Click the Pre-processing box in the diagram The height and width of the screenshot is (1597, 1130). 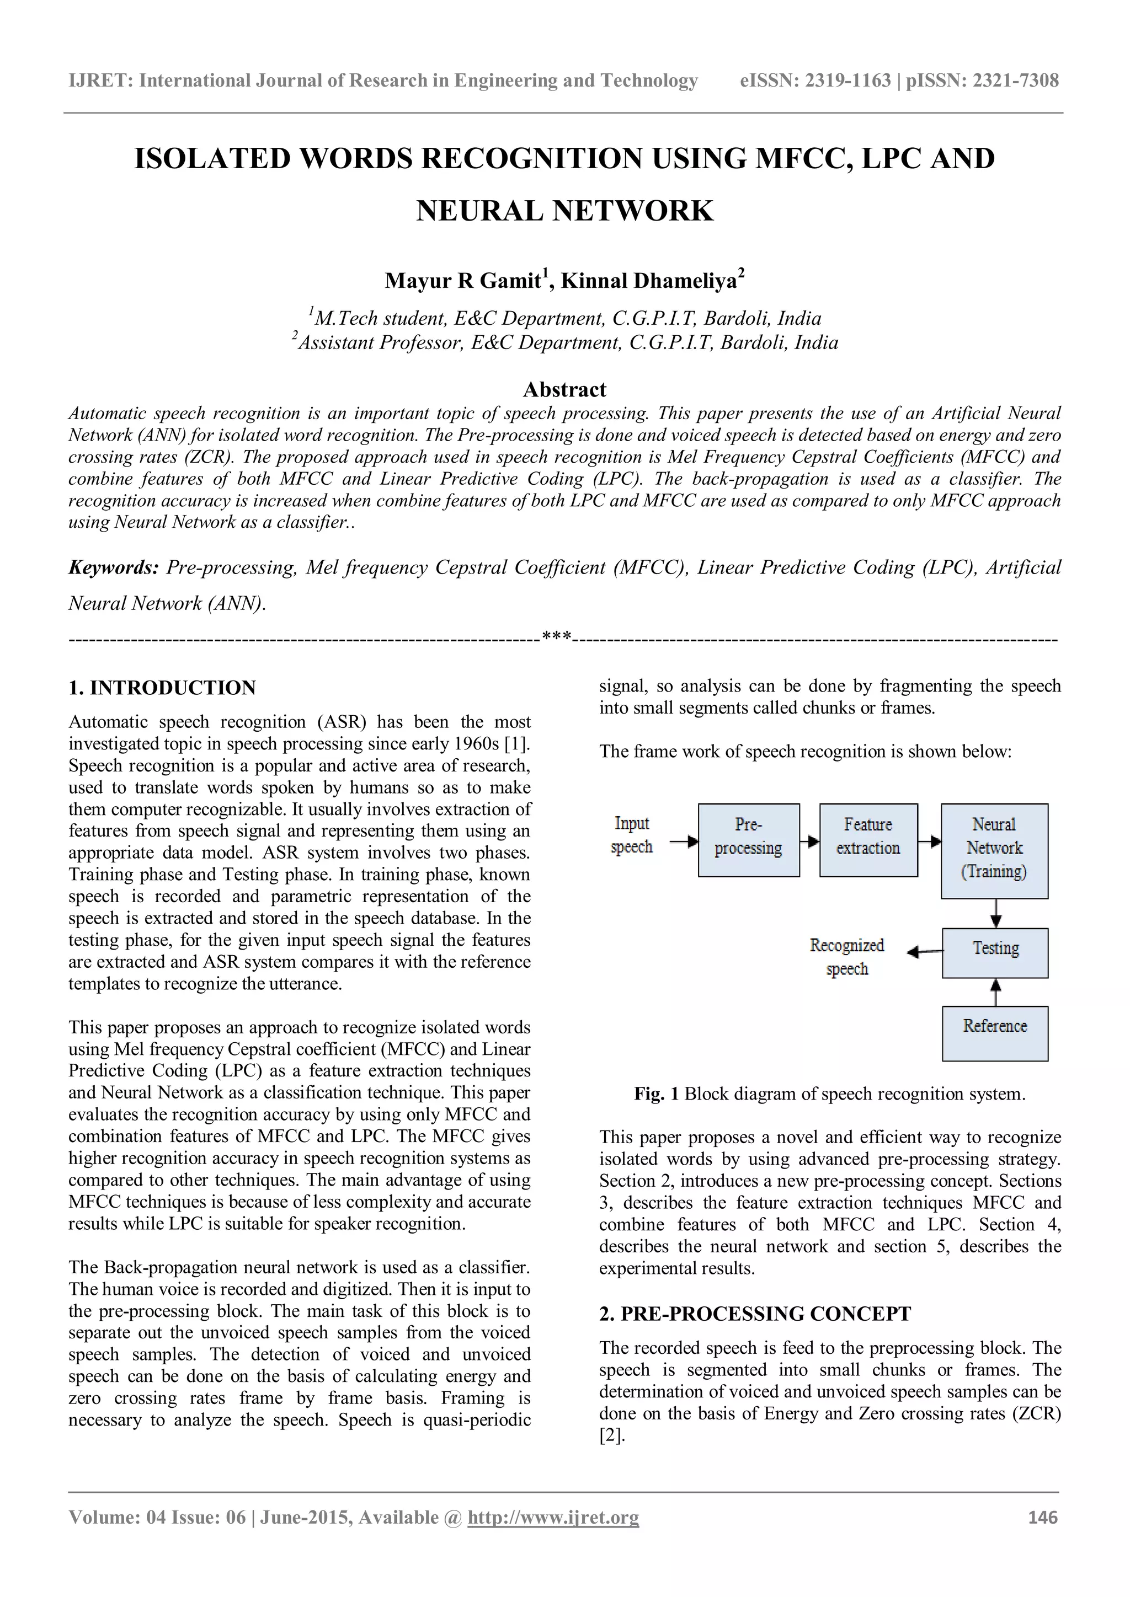pos(748,839)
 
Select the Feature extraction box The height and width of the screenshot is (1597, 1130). pos(868,839)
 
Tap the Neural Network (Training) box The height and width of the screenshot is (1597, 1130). pos(994,850)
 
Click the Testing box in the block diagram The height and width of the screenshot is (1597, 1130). pos(995,952)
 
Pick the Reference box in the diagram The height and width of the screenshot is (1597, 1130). pos(995,1032)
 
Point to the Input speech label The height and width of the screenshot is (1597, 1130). pos(632,835)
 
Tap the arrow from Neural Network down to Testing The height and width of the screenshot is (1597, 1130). pos(996,913)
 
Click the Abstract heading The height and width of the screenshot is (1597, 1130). pos(564,389)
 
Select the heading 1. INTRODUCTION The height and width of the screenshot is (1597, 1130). pos(162,688)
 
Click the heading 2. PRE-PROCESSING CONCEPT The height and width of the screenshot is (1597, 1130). pos(755,1314)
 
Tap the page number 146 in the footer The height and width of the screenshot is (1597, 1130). pos(1042,1517)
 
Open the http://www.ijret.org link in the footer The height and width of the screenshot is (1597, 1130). pos(553,1517)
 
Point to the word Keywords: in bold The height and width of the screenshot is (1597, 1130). pos(114,567)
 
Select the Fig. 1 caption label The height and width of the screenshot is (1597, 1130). pos(655,1094)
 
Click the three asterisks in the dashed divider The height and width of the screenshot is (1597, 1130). pos(557,636)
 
